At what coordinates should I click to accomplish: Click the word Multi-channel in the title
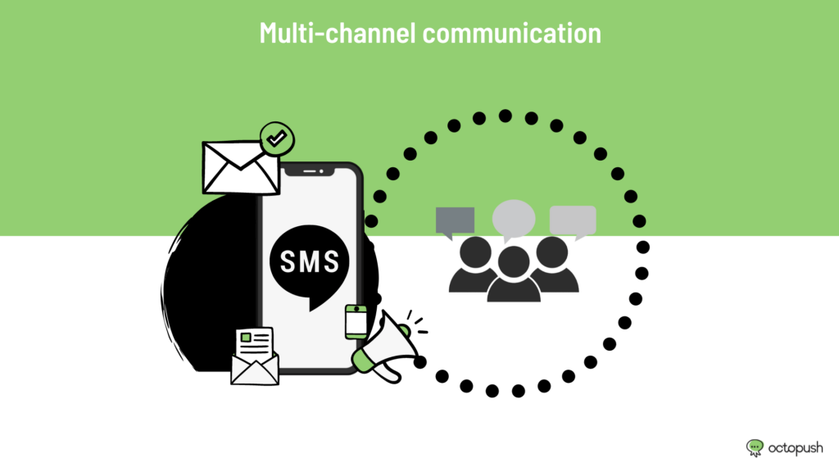[x=337, y=33]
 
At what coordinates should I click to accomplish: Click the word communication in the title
[x=512, y=33]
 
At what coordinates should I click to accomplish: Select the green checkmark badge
[x=277, y=139]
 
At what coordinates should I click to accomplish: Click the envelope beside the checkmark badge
[x=240, y=167]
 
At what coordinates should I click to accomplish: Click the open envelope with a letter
[x=255, y=356]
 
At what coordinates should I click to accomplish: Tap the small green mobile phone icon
[x=356, y=322]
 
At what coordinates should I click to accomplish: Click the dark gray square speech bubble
[x=455, y=221]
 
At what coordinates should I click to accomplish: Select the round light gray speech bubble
[x=514, y=219]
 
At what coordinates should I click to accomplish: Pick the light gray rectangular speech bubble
[x=573, y=221]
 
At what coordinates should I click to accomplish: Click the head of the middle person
[x=514, y=261]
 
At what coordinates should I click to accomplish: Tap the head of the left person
[x=475, y=252]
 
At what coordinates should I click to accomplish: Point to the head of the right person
[x=551, y=252]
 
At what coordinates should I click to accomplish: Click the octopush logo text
[x=796, y=448]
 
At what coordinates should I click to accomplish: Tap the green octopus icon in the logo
[x=755, y=448]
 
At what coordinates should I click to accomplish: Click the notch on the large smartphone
[x=310, y=170]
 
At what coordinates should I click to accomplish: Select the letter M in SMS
[x=310, y=261]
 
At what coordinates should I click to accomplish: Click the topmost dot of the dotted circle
[x=505, y=116]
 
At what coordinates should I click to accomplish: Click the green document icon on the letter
[x=246, y=337]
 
